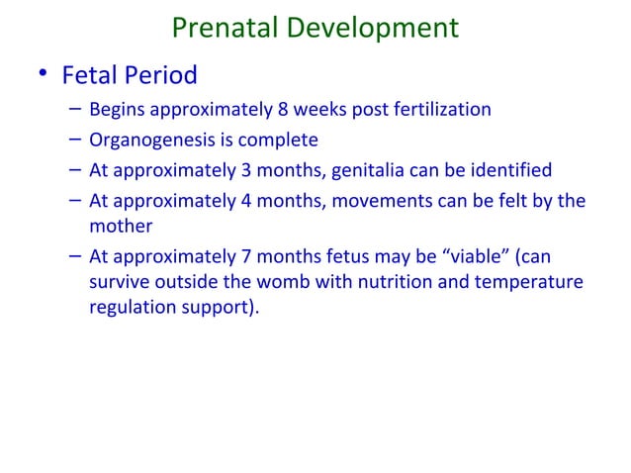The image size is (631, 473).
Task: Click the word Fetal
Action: [x=91, y=75]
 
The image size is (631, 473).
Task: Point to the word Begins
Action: [x=117, y=109]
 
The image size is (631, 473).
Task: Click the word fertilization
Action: [x=438, y=109]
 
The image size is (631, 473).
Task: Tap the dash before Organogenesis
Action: [x=75, y=140]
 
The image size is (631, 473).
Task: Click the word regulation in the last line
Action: [x=130, y=306]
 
